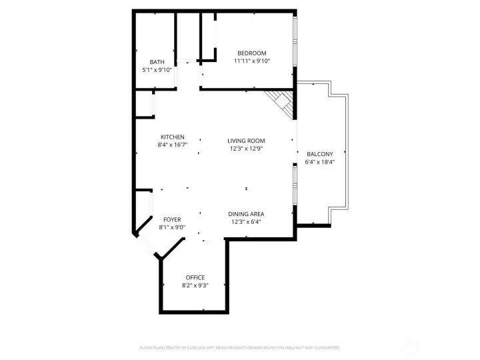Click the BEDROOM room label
coord(252,53)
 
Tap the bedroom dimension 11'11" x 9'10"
coord(252,61)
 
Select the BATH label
coord(157,62)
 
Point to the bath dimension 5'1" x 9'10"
coord(157,69)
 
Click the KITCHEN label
coord(172,137)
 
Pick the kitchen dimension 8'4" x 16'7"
coord(172,144)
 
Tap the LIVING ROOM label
coord(246,141)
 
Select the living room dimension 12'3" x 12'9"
coord(246,148)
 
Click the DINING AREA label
coord(246,214)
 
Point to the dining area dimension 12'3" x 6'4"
coord(246,221)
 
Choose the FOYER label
coord(172,219)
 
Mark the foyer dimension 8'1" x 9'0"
coord(172,227)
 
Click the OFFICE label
coord(195,277)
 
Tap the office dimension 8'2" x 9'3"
coord(195,285)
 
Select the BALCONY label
coord(319,154)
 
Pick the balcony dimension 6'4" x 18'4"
coord(319,161)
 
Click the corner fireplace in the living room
coord(282,103)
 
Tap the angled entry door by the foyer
coord(146,245)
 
